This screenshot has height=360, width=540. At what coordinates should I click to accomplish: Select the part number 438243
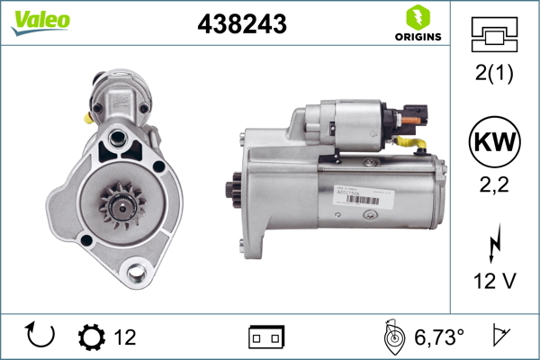coord(241,25)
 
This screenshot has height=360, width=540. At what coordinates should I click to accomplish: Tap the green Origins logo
coord(417,23)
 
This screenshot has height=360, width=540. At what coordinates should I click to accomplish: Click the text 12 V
coord(494,281)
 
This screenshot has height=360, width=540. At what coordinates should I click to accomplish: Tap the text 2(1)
coord(494,75)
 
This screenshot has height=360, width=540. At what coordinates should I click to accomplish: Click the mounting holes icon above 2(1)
coord(494,35)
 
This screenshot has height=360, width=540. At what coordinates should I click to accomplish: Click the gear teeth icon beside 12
coord(92,337)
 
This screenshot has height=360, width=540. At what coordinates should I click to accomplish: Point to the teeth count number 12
coord(125,337)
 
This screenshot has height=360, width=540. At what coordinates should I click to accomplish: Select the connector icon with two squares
coord(266,337)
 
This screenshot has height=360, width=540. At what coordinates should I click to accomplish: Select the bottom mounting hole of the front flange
coord(137,270)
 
